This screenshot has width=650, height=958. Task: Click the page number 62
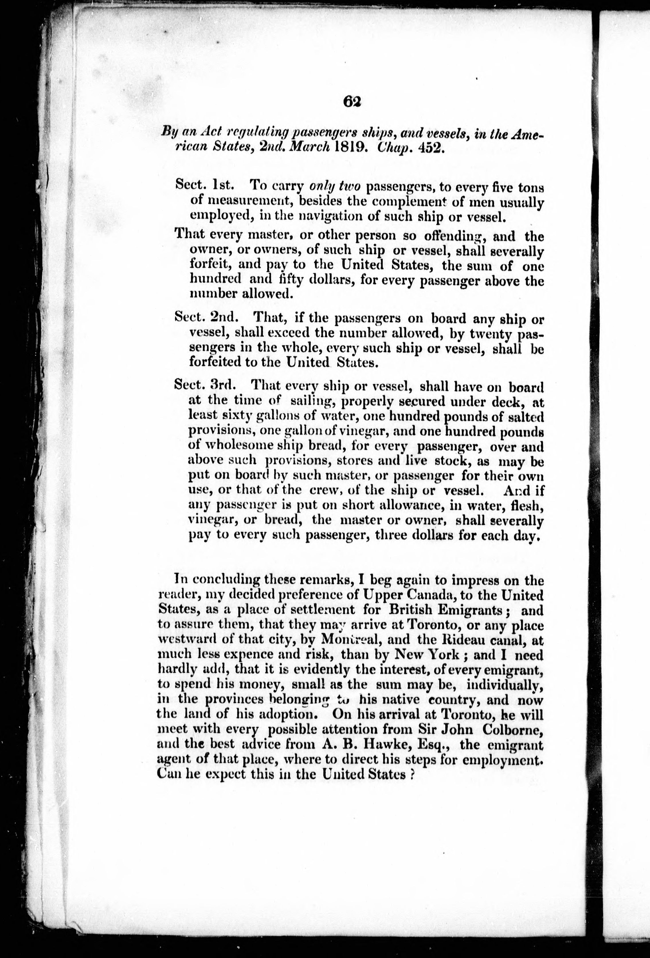click(x=351, y=101)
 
